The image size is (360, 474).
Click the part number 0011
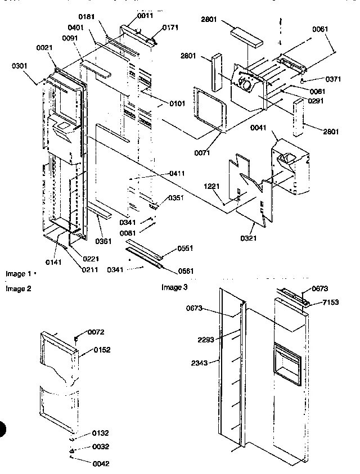(145, 16)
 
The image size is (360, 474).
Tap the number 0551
(186, 248)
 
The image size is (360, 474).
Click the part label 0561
(186, 271)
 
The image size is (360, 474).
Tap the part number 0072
(96, 333)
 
